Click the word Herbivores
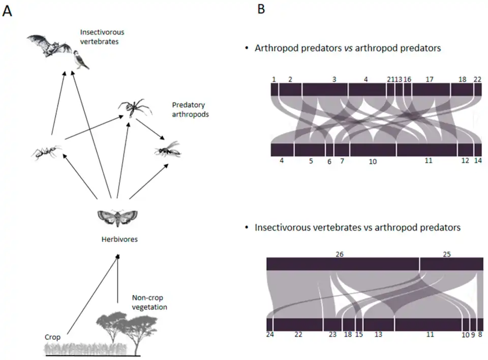[118, 238]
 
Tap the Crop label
[52, 337]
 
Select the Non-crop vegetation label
[149, 303]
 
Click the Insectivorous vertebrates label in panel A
[102, 37]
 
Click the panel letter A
[7, 11]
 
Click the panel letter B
[261, 9]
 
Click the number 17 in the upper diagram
[430, 79]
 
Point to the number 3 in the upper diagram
[334, 79]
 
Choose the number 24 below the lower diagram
[270, 335]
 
